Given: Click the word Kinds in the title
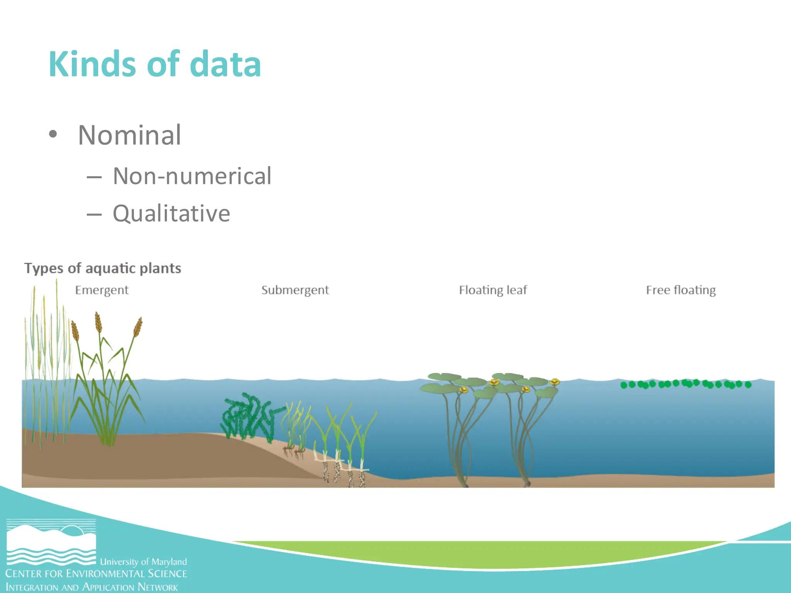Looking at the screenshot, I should tap(92, 64).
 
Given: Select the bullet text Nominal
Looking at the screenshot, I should tap(129, 135).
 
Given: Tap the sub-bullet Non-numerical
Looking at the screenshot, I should tap(192, 176).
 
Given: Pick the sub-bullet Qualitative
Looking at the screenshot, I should tap(171, 213).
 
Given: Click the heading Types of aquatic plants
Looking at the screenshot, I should tap(102, 268).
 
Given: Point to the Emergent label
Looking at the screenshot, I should tap(102, 290).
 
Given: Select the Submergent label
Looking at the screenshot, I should tap(295, 290).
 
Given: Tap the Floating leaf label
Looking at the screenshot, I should tap(493, 290).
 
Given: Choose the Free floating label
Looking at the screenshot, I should tap(681, 290).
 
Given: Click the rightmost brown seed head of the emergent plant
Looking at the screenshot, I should tap(138, 327).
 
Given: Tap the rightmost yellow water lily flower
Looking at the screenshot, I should tap(555, 382).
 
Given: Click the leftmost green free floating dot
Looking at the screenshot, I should tap(624, 385).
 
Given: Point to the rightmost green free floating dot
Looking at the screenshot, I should tap(748, 385).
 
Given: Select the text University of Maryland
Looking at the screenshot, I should tap(143, 562).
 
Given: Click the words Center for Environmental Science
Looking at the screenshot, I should tap(96, 574).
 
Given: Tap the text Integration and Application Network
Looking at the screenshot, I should tap(92, 587).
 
